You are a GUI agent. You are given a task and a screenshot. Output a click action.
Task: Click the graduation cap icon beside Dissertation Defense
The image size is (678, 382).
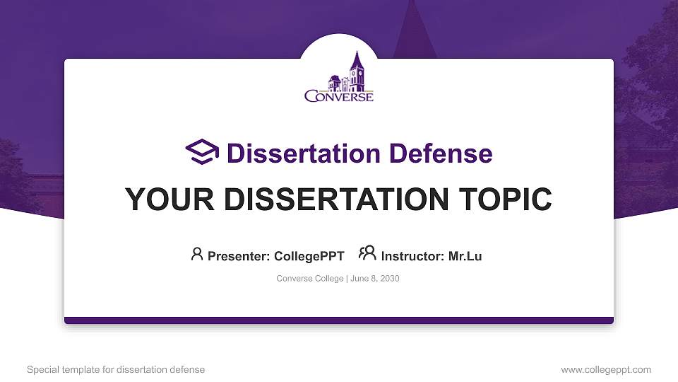click(202, 152)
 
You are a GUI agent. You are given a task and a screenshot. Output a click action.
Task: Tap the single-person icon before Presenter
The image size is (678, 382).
click(197, 255)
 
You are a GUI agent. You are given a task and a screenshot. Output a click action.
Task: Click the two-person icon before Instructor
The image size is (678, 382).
click(367, 255)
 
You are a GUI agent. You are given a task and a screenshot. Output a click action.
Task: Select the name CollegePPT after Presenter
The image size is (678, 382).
click(309, 256)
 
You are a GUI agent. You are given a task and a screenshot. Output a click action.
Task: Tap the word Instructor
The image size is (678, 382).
click(412, 256)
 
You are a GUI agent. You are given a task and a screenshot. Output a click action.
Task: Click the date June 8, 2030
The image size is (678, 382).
click(376, 279)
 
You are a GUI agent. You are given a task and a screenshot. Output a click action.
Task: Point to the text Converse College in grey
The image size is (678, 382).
click(309, 279)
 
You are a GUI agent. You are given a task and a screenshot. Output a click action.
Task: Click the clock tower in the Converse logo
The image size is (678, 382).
click(357, 71)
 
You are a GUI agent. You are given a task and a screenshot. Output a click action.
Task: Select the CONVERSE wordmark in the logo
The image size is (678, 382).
click(339, 95)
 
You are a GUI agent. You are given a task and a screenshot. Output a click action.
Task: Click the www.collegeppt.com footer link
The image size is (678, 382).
click(606, 369)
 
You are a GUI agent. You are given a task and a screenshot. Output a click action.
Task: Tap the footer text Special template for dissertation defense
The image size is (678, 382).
click(116, 369)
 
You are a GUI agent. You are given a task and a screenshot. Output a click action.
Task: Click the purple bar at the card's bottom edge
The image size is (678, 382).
click(339, 320)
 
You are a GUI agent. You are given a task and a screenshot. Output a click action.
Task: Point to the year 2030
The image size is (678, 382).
click(390, 279)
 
